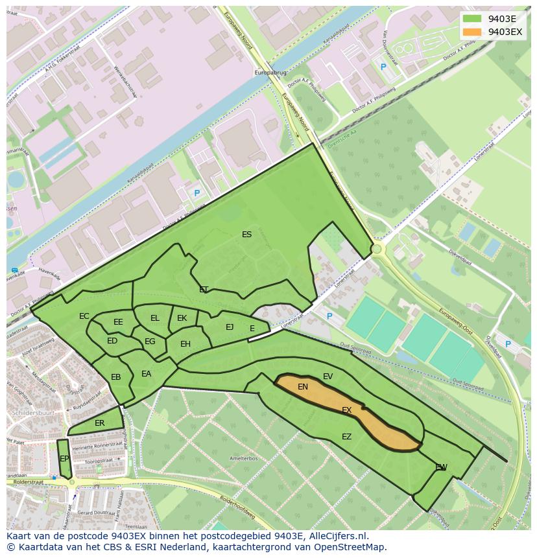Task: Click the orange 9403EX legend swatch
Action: [x=472, y=32]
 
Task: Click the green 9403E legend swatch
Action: [x=472, y=19]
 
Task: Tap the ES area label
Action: [x=246, y=235]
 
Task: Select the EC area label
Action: [x=84, y=316]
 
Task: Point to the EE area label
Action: [x=118, y=322]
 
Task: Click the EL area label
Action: [x=154, y=318]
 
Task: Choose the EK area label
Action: [x=182, y=318]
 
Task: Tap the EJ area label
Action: [x=230, y=327]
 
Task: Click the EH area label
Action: [x=185, y=344]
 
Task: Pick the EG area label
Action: [x=150, y=342]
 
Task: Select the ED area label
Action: [x=112, y=341]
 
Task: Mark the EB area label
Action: [x=116, y=377]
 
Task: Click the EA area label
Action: [x=146, y=374]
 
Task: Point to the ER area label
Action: [x=99, y=423]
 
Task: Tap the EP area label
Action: [x=64, y=459]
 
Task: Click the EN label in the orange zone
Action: [x=303, y=387]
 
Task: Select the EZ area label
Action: [x=346, y=437]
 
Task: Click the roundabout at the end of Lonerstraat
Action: [x=376, y=249]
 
